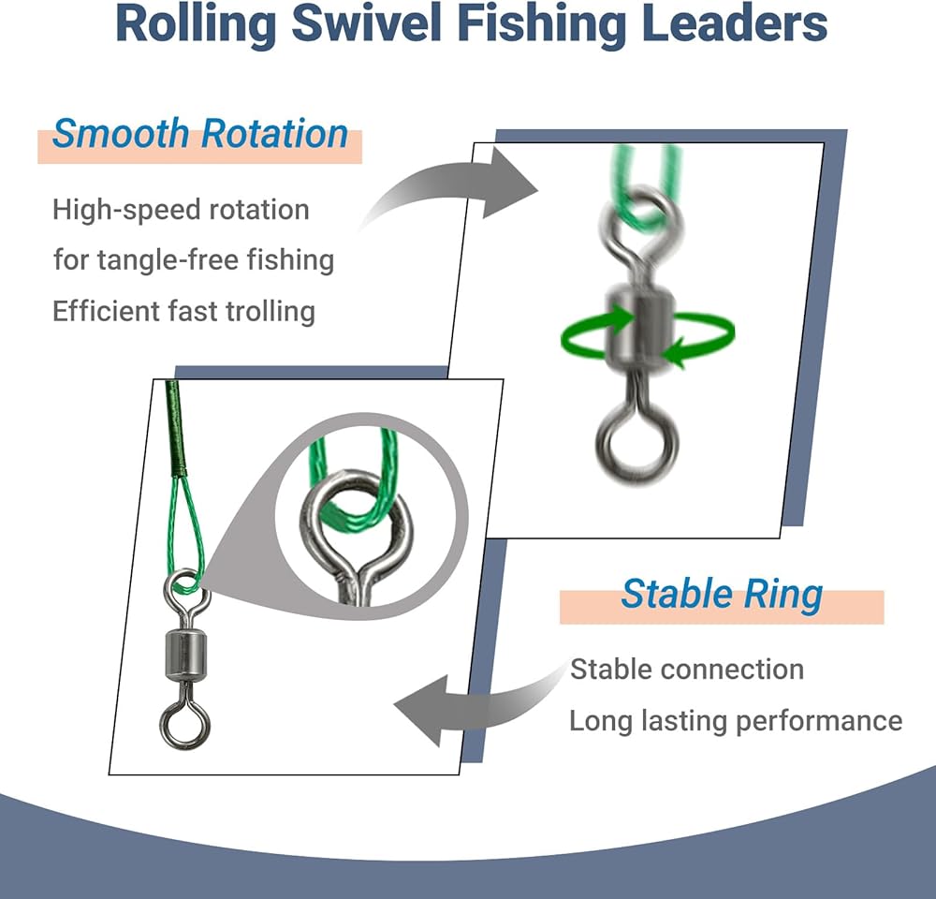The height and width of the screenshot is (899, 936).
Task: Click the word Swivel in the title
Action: [x=367, y=24]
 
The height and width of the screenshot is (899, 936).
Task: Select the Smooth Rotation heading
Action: [x=200, y=133]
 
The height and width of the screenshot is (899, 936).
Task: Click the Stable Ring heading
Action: [x=722, y=595]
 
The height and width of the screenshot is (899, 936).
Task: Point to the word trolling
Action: [x=270, y=311]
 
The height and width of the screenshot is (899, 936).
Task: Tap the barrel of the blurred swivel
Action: [x=638, y=330]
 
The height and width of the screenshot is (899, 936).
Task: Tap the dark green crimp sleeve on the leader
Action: [x=174, y=429]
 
